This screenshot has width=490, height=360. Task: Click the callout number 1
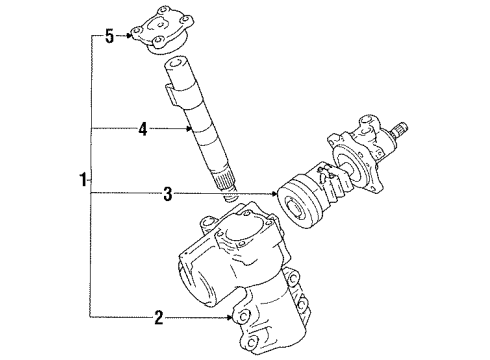coord(82,181)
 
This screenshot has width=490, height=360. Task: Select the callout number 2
coord(157,319)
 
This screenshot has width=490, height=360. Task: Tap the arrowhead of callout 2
coord(234,319)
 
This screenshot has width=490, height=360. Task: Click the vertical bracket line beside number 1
coord(91,181)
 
